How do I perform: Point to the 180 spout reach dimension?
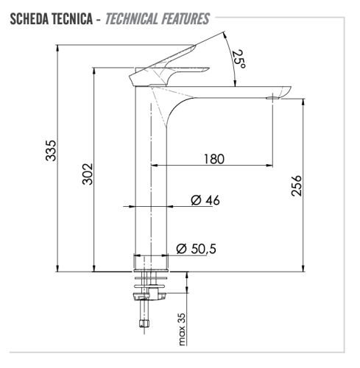click(x=214, y=158)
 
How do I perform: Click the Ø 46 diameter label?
click(x=205, y=200)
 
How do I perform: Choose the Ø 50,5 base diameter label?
click(x=197, y=250)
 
